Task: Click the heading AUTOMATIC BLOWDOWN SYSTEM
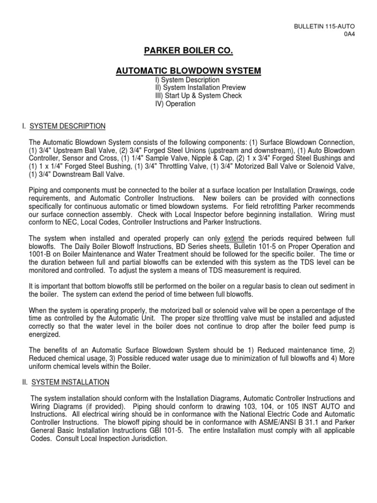click(188, 71)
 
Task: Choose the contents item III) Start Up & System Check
click(198, 96)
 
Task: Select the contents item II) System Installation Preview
click(200, 87)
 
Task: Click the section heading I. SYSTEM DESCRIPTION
click(63, 126)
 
